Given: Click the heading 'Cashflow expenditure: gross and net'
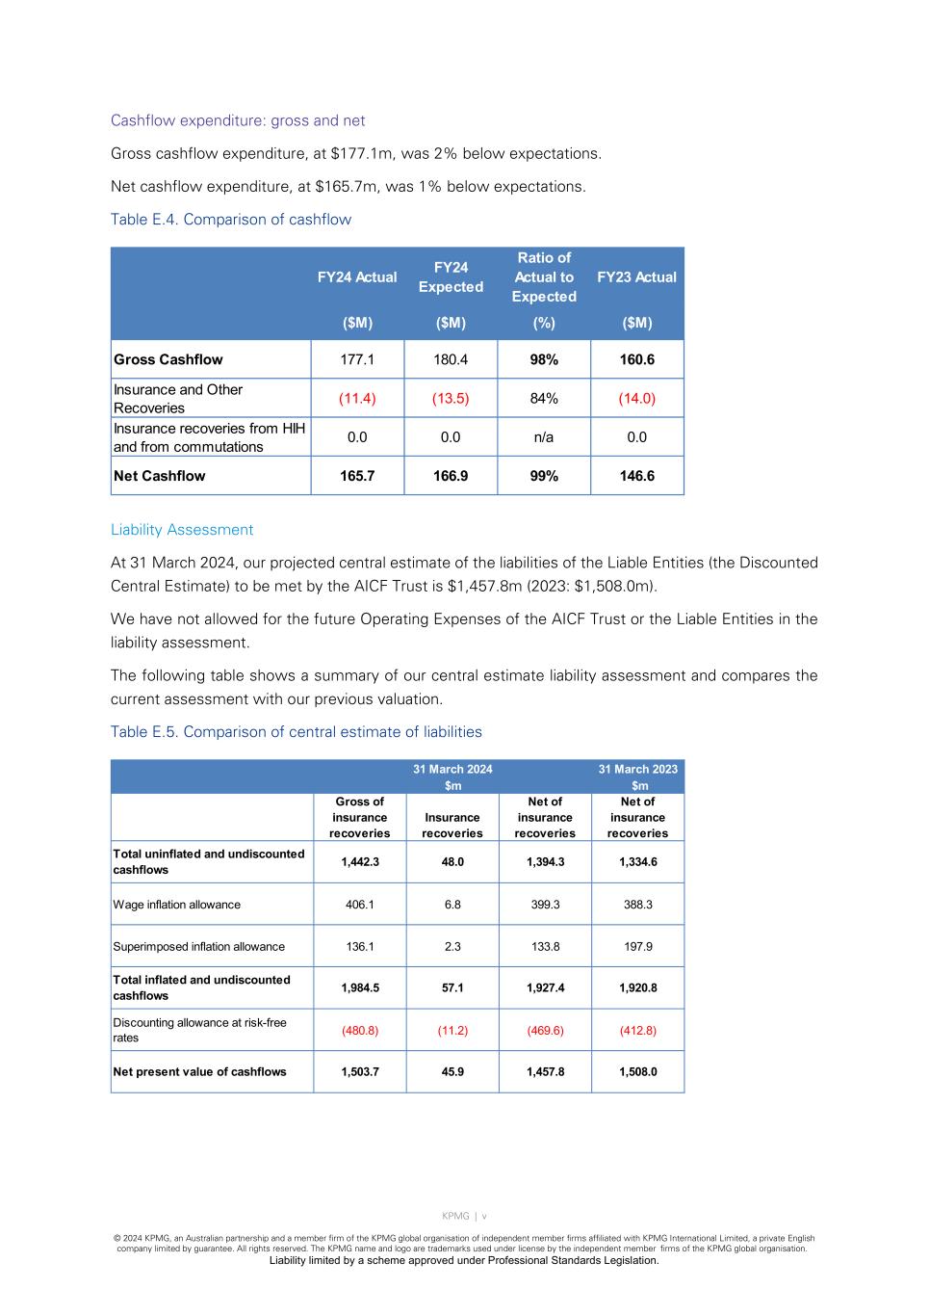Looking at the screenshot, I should point(238,120).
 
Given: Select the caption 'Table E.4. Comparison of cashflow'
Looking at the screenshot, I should point(231,220).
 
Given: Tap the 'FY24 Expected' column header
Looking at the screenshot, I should point(451,277).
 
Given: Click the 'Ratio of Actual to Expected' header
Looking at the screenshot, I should point(544,277).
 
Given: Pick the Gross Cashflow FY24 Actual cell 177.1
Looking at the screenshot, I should point(357,359).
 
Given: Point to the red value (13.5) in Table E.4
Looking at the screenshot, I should point(451,398).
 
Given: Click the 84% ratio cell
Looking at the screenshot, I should point(544,398).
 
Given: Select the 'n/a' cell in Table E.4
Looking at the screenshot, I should point(544,437).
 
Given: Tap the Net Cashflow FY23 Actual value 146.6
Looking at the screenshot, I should point(637,476).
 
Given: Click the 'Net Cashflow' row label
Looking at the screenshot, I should point(160,476).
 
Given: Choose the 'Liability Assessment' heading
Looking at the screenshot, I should point(182,530).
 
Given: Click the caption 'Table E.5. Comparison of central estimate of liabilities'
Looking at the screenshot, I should point(297,732).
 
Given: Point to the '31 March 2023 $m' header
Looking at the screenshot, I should point(638,776).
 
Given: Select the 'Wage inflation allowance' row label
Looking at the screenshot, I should point(177,905).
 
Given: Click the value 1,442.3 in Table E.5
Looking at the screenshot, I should point(360,862).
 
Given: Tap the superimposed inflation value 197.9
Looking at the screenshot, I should point(638,947).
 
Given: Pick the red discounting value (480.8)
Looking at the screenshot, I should point(360,1031).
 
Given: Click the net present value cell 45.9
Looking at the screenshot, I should point(452,1072).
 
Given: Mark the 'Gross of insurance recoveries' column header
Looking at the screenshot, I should point(360,818).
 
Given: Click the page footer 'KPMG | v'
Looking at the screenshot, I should point(464,1216).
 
